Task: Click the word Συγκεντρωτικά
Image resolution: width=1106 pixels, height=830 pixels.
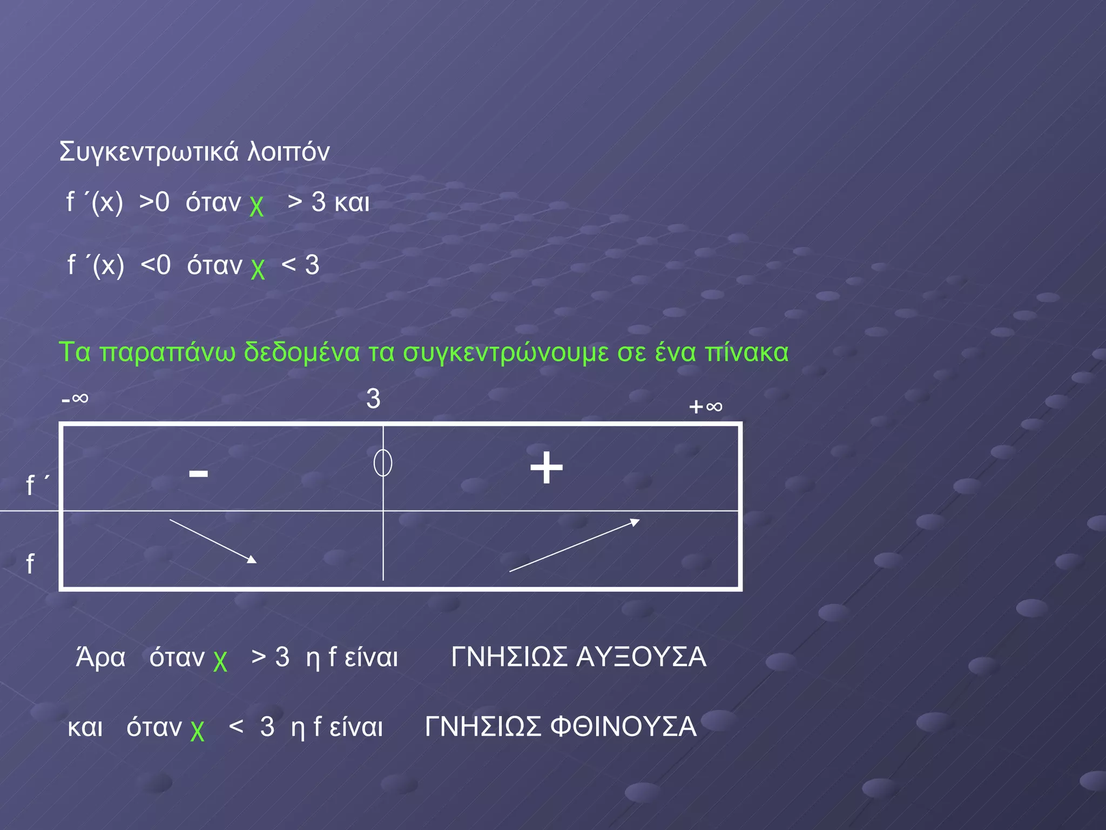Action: (149, 152)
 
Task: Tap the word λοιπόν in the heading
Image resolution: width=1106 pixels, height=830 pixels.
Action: (288, 152)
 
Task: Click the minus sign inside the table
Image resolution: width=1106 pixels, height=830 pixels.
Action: (198, 474)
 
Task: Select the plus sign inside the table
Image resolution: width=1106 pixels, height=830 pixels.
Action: (546, 467)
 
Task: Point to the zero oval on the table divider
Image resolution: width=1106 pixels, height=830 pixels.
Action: (383, 463)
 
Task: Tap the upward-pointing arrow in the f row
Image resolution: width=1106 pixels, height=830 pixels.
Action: (575, 545)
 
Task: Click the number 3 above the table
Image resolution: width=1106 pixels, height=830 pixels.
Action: (373, 399)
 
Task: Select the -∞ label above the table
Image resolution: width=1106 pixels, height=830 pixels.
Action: (75, 399)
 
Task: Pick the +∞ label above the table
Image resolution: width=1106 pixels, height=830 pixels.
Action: (705, 406)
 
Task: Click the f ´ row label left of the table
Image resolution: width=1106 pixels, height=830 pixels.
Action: (37, 485)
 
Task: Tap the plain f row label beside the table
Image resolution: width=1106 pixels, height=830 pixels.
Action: (30, 564)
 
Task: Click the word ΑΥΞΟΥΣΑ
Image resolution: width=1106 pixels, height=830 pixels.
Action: (641, 657)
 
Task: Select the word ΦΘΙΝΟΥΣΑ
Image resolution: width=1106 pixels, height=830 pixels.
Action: (623, 726)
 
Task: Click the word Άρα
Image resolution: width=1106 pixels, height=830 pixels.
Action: (100, 657)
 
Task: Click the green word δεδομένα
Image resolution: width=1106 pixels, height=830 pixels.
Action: (301, 352)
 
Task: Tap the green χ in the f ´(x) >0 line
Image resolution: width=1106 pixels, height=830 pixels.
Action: (257, 205)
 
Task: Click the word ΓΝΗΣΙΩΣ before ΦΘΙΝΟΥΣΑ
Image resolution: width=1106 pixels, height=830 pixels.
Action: (483, 726)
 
